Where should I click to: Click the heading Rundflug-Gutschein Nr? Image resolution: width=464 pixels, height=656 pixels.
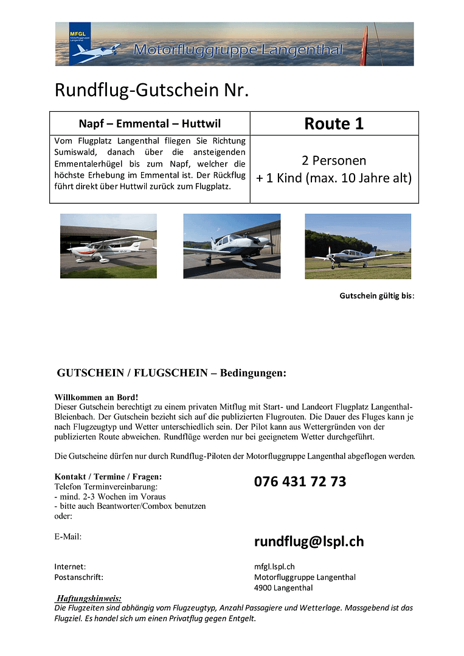(x=152, y=90)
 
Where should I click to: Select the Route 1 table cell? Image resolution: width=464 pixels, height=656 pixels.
(x=334, y=123)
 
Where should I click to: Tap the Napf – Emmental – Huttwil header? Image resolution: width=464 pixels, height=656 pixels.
(x=149, y=123)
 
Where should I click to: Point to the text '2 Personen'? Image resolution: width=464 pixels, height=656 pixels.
(x=334, y=161)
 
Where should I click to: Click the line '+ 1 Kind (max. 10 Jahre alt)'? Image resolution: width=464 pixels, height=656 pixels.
(x=334, y=178)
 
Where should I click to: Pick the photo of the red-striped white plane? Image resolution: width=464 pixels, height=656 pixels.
(x=108, y=246)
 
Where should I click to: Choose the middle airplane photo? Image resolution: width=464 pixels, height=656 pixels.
(x=232, y=246)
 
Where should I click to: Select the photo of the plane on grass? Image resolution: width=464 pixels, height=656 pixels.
(x=358, y=246)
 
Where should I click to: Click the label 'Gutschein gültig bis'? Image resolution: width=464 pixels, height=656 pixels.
(x=376, y=296)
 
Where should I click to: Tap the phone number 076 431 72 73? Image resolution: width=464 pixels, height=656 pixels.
(x=300, y=482)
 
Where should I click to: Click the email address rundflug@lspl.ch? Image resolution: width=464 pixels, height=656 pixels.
(x=309, y=541)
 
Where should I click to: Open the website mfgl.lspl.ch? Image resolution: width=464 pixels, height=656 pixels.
(x=274, y=567)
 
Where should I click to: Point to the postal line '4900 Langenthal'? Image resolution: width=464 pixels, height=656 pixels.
(x=283, y=587)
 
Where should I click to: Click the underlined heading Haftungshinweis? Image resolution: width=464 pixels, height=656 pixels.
(x=89, y=598)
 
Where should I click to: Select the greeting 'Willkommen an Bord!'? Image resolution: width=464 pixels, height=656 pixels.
(x=88, y=397)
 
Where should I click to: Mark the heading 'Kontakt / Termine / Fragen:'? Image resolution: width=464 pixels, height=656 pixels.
(x=108, y=477)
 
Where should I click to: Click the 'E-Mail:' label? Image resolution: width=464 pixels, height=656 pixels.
(x=68, y=536)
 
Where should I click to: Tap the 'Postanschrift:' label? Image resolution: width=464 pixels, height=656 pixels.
(x=78, y=577)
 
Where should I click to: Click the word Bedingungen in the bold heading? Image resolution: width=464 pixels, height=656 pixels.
(x=252, y=373)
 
